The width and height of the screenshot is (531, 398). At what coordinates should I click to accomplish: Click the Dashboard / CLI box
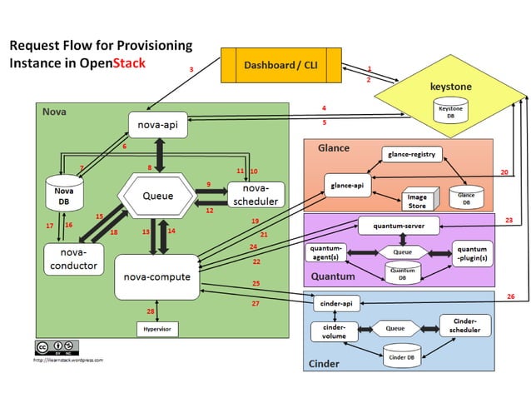click(281, 65)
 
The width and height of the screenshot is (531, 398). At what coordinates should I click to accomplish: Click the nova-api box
click(157, 125)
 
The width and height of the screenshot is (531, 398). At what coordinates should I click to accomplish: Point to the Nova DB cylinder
click(58, 193)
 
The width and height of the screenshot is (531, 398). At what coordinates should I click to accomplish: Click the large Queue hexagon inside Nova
click(158, 197)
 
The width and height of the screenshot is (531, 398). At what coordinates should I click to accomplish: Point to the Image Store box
click(415, 201)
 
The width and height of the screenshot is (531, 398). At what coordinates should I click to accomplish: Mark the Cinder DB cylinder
click(396, 355)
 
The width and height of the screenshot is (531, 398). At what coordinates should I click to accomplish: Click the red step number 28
click(151, 311)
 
